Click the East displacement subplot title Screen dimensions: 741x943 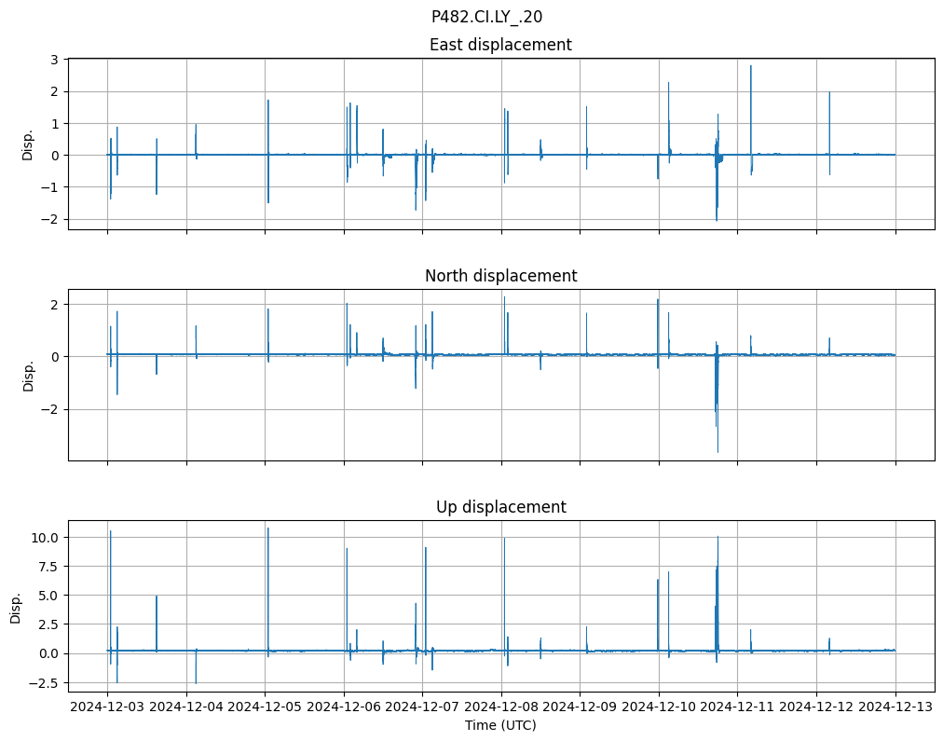(500, 45)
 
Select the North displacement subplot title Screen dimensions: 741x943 (500, 276)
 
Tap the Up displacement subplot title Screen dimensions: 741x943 (500, 507)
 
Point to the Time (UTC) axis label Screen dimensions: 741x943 (500, 725)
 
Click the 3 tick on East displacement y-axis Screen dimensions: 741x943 (54, 60)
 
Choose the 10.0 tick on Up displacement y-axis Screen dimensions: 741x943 (47, 538)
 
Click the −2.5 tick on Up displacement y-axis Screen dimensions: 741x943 (47, 683)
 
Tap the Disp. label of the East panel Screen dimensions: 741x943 (28, 144)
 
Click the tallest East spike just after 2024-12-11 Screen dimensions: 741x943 (750, 67)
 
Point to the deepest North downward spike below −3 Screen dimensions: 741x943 (717, 451)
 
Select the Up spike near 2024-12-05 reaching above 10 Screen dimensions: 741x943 (268, 529)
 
